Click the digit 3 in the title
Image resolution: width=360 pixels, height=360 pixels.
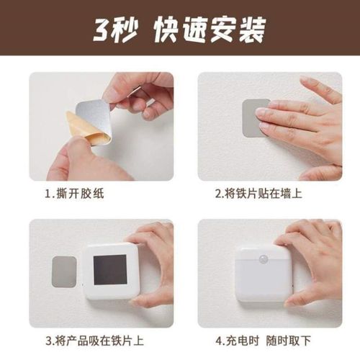coord(102,29)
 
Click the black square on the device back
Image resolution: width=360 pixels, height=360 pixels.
coord(110,271)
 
